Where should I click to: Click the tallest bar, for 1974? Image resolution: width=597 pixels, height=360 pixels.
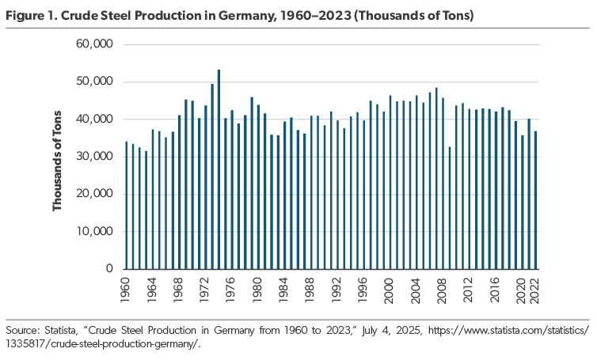[x=219, y=169]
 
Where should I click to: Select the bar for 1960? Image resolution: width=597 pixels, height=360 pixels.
[x=127, y=205]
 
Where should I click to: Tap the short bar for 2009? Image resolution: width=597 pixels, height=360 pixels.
[x=450, y=208]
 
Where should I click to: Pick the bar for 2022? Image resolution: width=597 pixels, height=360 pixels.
[x=535, y=200]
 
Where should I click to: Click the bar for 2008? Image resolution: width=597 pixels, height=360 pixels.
[x=443, y=184]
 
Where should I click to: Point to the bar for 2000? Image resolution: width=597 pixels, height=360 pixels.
[x=390, y=182]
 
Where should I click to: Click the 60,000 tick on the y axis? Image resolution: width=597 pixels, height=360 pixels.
[x=94, y=44]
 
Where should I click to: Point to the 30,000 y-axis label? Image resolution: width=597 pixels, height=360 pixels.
[x=94, y=157]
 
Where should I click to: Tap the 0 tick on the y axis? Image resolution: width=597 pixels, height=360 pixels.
[x=109, y=269]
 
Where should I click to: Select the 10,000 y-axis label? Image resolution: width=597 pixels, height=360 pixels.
[x=94, y=231]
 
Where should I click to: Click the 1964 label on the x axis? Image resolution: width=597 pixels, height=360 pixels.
[x=151, y=290]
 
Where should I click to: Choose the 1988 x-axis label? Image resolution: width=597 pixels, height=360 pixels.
[x=310, y=290]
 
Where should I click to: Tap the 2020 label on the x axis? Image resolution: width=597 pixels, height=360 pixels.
[x=521, y=290]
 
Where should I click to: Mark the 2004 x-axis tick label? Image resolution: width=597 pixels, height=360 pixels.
[x=416, y=290]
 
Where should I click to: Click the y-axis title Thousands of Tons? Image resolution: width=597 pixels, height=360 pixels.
[x=57, y=161]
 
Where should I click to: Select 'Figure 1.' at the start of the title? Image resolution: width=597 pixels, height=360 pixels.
[x=31, y=16]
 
